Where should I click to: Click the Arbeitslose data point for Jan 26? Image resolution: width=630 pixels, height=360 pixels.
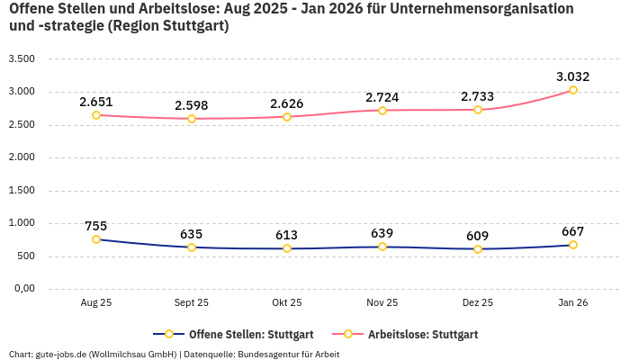(573, 90)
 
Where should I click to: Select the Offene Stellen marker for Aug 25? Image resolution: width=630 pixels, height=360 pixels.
(96, 239)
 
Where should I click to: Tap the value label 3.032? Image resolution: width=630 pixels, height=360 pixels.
(573, 76)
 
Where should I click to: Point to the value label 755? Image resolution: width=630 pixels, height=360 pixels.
(96, 226)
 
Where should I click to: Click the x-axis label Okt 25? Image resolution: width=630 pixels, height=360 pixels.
(287, 303)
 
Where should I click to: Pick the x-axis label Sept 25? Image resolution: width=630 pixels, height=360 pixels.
(192, 303)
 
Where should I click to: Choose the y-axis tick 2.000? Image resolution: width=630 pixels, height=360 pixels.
(21, 157)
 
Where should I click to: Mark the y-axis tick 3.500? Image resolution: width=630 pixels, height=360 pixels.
(21, 58)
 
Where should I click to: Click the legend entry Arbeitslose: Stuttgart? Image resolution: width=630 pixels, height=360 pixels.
(422, 335)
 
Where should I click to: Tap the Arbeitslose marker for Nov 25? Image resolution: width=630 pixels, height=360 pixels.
(382, 111)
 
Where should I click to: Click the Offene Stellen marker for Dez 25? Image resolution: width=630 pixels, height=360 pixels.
(478, 249)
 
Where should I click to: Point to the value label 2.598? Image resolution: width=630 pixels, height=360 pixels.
(192, 104)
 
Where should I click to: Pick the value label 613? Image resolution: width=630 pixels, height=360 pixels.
(287, 235)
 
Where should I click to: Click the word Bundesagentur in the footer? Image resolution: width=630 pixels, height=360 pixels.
(270, 354)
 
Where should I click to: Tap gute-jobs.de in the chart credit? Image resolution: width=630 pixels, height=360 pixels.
(54, 354)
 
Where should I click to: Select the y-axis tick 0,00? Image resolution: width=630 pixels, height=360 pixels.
(22, 288)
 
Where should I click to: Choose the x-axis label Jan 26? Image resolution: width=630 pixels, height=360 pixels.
(573, 303)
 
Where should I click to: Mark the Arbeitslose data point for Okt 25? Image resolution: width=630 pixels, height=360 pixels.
(287, 117)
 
